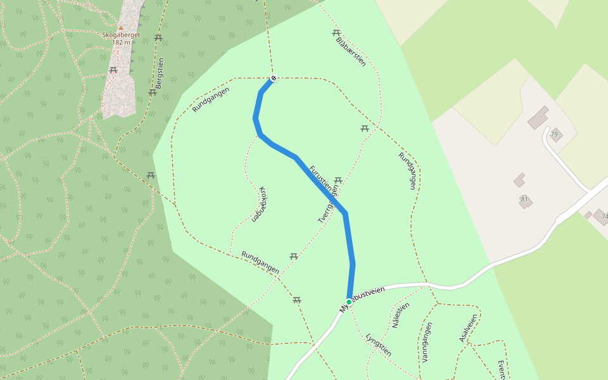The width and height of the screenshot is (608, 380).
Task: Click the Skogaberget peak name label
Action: (x=120, y=35)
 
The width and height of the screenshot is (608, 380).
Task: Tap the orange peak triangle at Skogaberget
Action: (x=121, y=27)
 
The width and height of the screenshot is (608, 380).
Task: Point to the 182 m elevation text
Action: (x=120, y=42)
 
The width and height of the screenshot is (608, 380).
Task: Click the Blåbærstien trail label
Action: (x=351, y=51)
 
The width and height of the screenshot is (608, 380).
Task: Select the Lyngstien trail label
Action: (x=379, y=345)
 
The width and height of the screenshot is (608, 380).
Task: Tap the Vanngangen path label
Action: (x=426, y=342)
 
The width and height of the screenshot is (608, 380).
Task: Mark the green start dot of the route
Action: (x=349, y=301)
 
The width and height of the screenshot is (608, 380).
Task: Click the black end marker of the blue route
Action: (x=274, y=79)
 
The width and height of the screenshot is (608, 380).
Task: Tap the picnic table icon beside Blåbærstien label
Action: (x=336, y=33)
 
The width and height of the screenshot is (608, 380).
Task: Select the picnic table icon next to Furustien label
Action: (x=338, y=180)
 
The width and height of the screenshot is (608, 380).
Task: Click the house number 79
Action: (x=554, y=134)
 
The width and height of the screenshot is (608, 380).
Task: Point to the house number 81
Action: (x=524, y=199)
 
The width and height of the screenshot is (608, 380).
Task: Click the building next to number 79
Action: (x=538, y=117)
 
